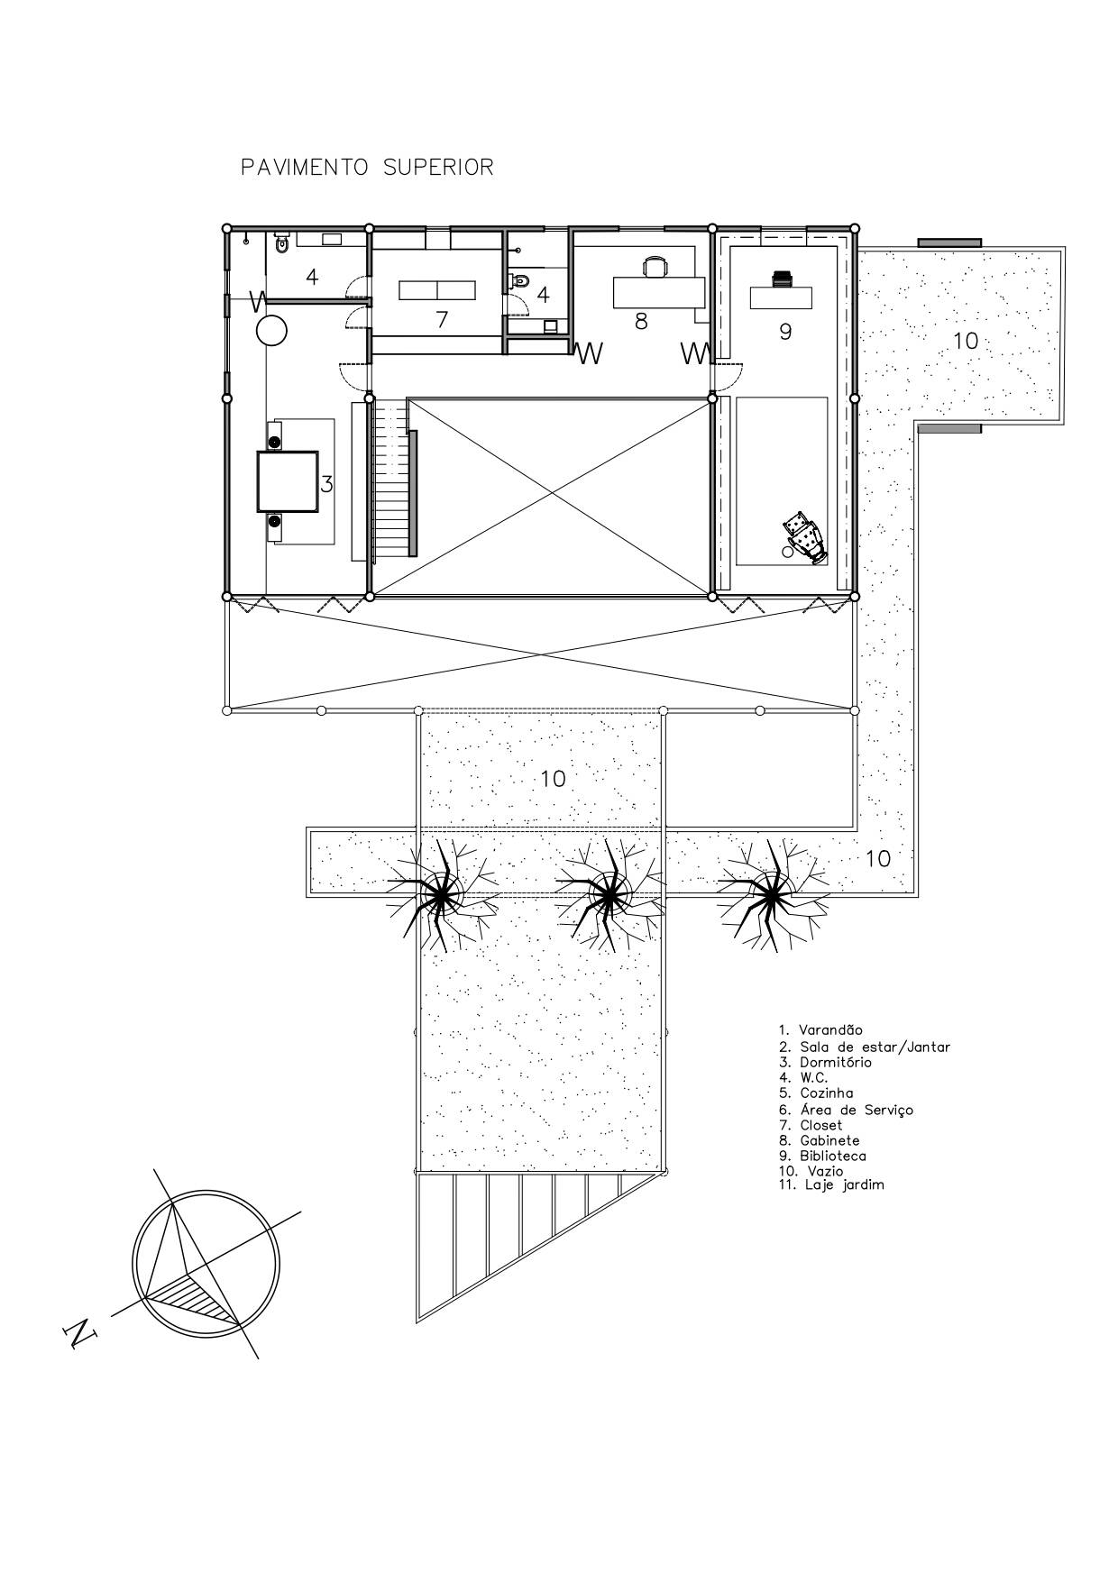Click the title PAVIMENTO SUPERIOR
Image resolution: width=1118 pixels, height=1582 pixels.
pyautogui.click(x=367, y=168)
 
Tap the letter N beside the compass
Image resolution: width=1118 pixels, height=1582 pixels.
pyautogui.click(x=80, y=1334)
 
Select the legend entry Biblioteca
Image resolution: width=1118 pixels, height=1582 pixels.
pyautogui.click(x=833, y=1156)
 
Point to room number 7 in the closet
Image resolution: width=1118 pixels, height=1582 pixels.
pyautogui.click(x=442, y=320)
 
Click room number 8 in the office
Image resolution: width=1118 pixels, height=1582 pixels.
pyautogui.click(x=641, y=321)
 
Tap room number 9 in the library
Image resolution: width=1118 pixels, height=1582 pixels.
pyautogui.click(x=785, y=332)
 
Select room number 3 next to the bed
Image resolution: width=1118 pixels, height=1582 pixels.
pyautogui.click(x=327, y=484)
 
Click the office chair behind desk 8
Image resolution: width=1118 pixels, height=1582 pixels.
pyautogui.click(x=656, y=267)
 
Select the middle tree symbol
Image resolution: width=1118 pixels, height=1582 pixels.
pyautogui.click(x=607, y=894)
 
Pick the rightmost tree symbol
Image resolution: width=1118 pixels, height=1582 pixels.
pyautogui.click(x=769, y=894)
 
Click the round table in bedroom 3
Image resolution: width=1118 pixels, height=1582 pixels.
pyautogui.click(x=271, y=332)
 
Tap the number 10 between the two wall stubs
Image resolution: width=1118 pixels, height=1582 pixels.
pyautogui.click(x=966, y=341)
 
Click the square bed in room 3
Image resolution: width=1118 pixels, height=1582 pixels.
pyautogui.click(x=288, y=480)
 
